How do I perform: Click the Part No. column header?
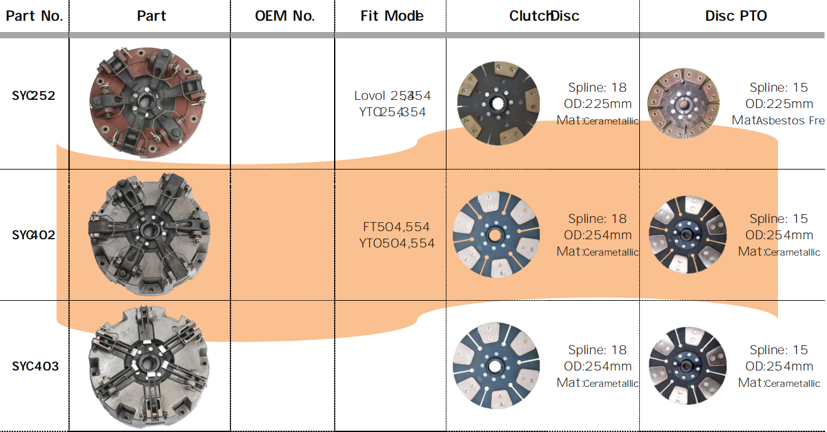34,16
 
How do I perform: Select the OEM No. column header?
284,16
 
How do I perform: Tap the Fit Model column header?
392,16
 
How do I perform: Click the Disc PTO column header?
736,16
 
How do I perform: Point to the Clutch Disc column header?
544,16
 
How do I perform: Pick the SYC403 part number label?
35,366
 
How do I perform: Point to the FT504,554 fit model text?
396,227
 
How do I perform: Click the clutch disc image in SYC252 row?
499,103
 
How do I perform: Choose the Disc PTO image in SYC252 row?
683,102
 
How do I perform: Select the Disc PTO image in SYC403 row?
687,365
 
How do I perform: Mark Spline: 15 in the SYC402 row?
779,219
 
